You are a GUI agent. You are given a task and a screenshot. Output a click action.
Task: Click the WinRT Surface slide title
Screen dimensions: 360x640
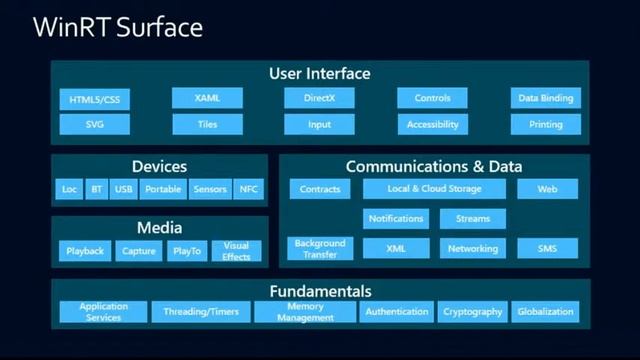[118, 27]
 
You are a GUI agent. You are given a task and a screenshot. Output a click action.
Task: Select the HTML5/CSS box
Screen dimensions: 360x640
[94, 100]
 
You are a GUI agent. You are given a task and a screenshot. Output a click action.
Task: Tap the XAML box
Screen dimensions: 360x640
[207, 98]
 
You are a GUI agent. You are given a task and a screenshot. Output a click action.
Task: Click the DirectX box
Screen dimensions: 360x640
[319, 98]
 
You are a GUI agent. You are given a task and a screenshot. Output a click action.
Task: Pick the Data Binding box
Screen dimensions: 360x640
[545, 98]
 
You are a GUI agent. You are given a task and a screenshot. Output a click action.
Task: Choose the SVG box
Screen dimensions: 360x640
[94, 125]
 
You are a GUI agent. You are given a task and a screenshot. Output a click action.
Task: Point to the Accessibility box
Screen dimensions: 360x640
[432, 125]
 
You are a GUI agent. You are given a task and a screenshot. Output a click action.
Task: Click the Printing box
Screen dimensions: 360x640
[545, 125]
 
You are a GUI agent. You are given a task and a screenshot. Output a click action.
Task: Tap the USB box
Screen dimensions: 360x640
[123, 188]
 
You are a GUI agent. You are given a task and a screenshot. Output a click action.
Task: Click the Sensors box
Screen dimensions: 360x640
[210, 188]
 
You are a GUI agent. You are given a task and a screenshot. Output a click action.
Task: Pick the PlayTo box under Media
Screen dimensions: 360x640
[186, 251]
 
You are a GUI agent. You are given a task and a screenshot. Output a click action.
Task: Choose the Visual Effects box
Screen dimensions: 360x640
[236, 250]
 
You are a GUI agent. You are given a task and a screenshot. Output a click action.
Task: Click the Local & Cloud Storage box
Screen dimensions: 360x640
[434, 188]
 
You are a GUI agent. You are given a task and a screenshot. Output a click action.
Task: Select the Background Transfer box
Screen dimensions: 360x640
[320, 248]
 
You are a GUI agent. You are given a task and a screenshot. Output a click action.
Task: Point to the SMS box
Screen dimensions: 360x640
[547, 248]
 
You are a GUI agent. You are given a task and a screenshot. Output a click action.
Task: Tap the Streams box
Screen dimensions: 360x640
[472, 218]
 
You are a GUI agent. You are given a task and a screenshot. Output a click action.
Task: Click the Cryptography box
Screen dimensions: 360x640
[471, 312]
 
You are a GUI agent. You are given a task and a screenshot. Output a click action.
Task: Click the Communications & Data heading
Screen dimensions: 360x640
[433, 166]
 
